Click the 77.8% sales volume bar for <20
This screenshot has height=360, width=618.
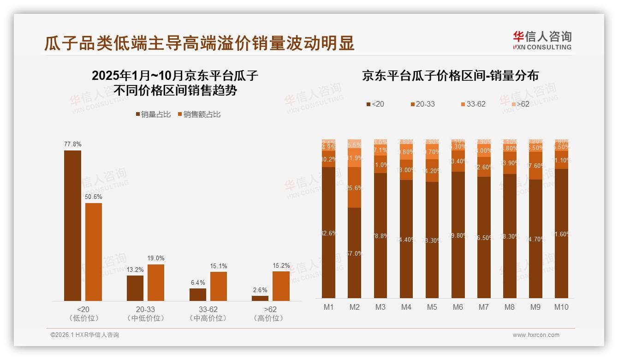(72, 226)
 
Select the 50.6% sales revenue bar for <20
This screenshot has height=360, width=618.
(94, 252)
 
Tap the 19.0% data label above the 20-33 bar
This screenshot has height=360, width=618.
(156, 258)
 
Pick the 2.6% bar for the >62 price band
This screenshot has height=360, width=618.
(260, 298)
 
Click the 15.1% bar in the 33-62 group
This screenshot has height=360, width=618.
(219, 286)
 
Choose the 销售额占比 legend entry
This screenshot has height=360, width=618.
(199, 114)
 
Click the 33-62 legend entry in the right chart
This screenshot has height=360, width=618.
(473, 104)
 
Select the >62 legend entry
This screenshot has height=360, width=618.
(520, 104)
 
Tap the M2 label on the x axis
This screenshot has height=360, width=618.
(355, 307)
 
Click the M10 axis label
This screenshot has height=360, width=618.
(561, 307)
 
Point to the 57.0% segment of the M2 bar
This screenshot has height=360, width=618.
(355, 253)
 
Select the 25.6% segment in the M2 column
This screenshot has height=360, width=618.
(355, 187)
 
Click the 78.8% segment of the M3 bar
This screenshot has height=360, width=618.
(380, 236)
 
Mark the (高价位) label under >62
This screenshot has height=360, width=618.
(268, 318)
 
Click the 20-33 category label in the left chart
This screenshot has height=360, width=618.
(146, 310)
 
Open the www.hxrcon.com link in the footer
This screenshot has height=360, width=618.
(536, 335)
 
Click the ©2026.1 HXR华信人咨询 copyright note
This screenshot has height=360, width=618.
(85, 335)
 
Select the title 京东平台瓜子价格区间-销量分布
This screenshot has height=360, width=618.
(450, 76)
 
